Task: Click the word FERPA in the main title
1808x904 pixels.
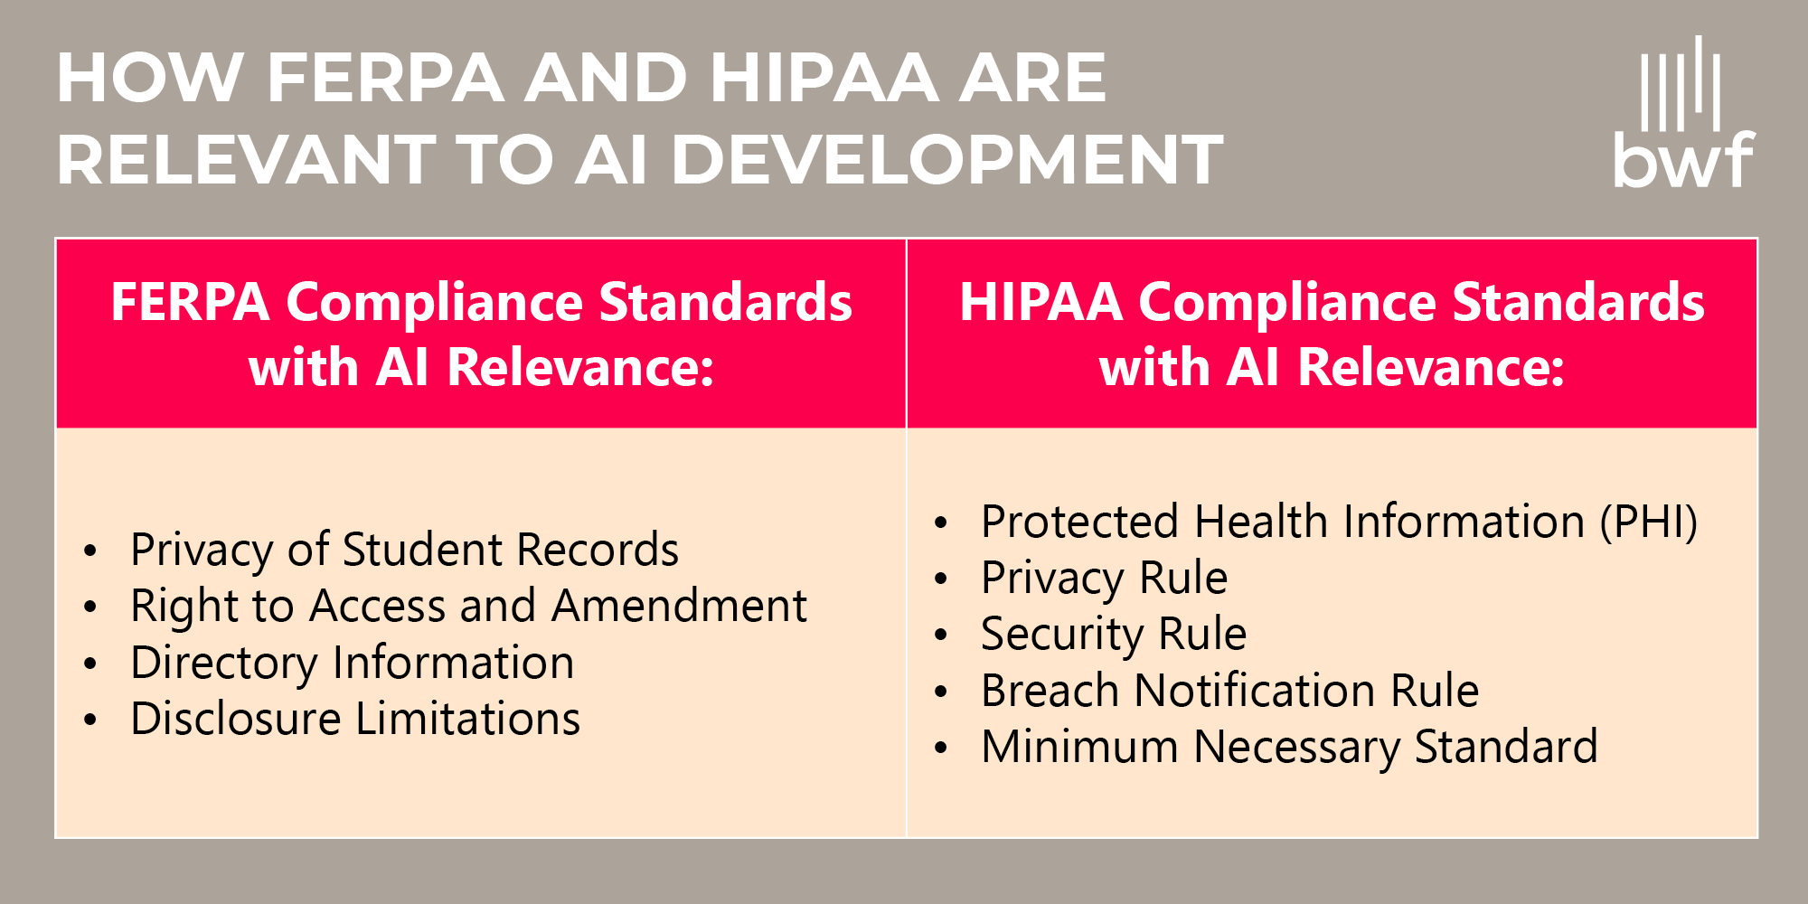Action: point(385,78)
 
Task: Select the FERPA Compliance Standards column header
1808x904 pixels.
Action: point(481,334)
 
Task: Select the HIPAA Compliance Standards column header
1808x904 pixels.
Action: point(1332,334)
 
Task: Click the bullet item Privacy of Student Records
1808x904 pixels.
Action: point(404,550)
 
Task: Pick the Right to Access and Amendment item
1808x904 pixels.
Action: point(468,606)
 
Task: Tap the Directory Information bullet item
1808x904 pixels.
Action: point(352,663)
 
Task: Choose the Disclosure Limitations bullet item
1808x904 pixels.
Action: point(355,719)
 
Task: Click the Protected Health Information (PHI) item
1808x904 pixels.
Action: point(1339,522)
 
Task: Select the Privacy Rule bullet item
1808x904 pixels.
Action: point(1104,578)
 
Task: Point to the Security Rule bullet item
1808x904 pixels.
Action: point(1113,634)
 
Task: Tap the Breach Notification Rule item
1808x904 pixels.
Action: point(1229,691)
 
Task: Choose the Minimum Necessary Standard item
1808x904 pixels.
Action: point(1289,747)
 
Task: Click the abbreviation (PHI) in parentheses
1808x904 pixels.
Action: point(1648,522)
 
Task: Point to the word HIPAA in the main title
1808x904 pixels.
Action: point(824,78)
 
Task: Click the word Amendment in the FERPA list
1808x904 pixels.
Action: point(680,606)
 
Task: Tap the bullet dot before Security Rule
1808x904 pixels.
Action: point(941,636)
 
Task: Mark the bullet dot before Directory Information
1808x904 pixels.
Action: point(90,664)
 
